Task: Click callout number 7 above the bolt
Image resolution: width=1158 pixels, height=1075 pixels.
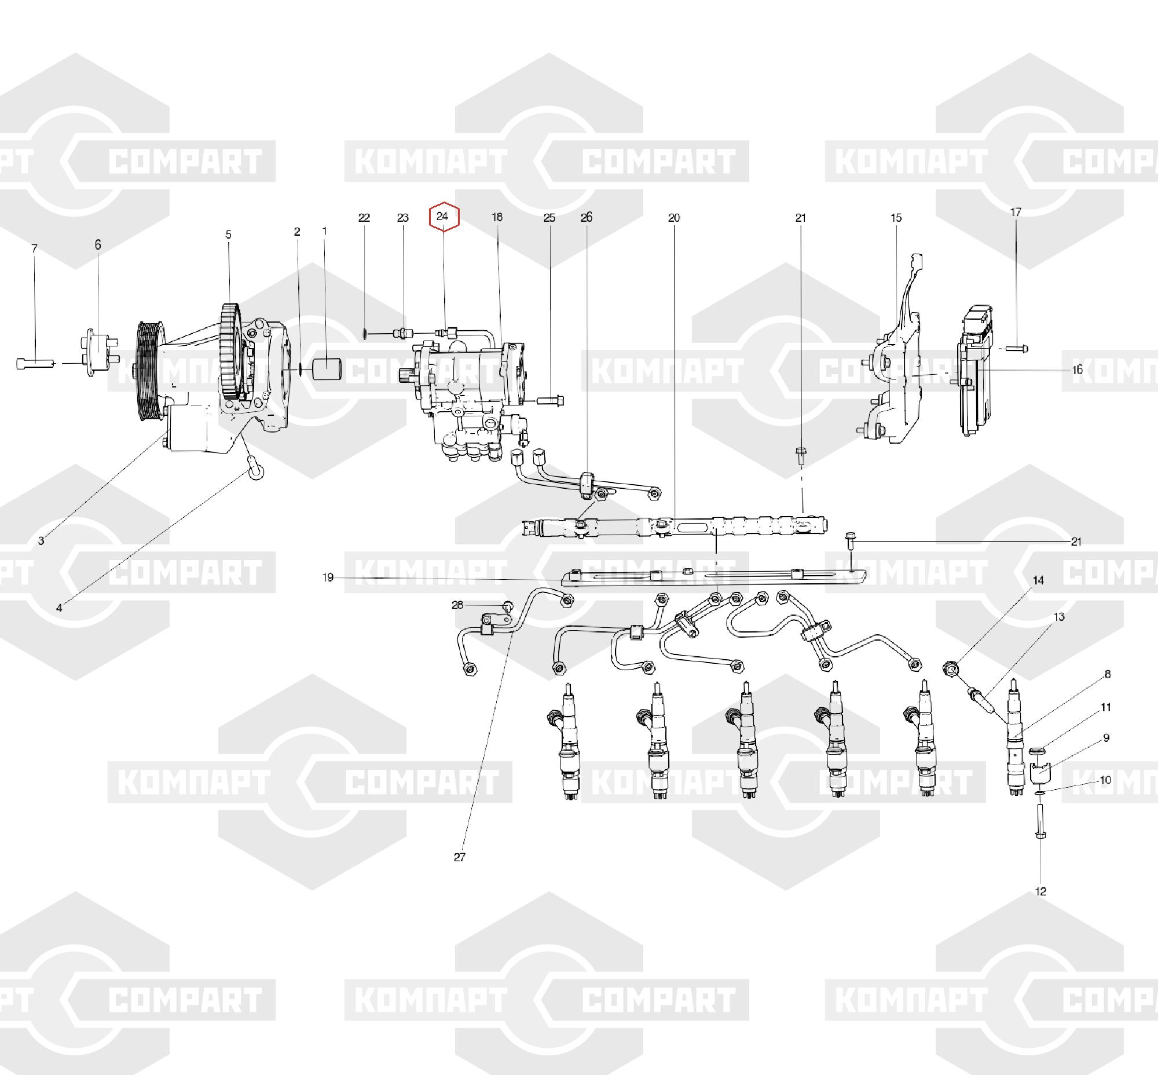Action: (x=34, y=248)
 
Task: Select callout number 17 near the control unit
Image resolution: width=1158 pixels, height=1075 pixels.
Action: (x=1016, y=213)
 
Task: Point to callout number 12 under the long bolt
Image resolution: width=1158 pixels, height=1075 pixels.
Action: (x=1041, y=891)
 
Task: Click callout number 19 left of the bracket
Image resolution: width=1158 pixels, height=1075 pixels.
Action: (x=328, y=577)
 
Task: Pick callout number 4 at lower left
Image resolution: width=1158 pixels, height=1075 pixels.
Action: (x=59, y=609)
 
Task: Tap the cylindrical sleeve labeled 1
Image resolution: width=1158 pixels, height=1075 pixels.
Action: (x=328, y=370)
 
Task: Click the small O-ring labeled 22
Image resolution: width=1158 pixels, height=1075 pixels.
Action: (x=364, y=334)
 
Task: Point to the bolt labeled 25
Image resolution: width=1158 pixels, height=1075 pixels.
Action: (x=551, y=401)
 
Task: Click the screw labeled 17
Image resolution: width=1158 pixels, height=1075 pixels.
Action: (x=1018, y=349)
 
